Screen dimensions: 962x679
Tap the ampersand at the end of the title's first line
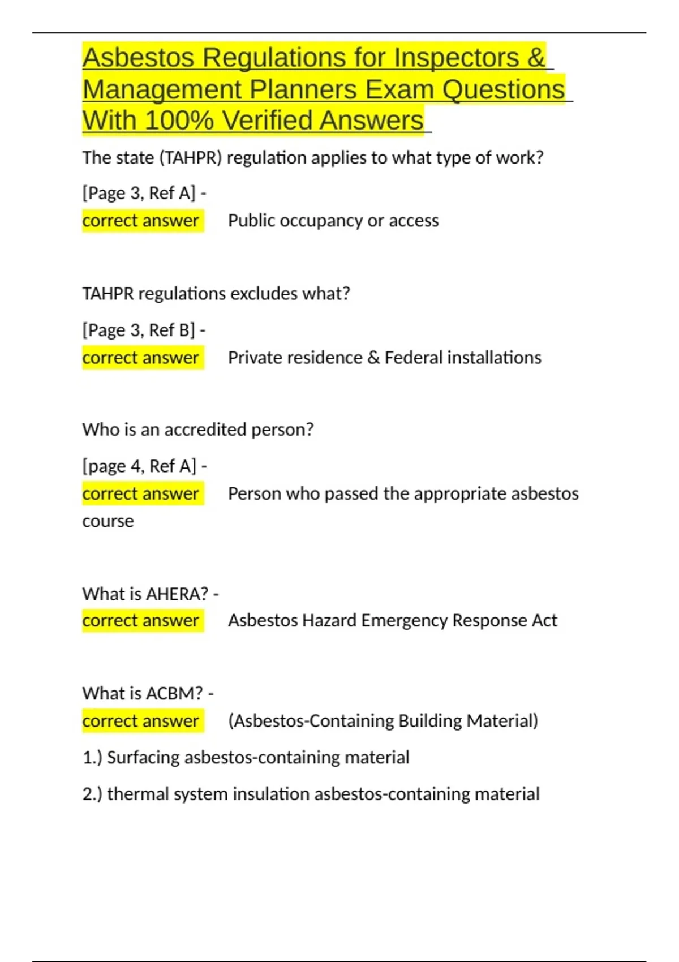pyautogui.click(x=537, y=58)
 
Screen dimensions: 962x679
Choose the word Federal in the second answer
pyautogui.click(x=414, y=358)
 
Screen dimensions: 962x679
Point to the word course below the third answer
pyautogui.click(x=108, y=521)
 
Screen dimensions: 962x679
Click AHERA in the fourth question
pyautogui.click(x=177, y=594)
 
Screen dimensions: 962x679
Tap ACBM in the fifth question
pyautogui.click(x=174, y=694)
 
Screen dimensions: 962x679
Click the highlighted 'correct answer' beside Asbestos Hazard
pyautogui.click(x=141, y=621)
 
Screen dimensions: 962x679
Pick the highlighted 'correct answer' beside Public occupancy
pyautogui.click(x=141, y=221)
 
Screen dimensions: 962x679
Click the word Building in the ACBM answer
pyautogui.click(x=430, y=721)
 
